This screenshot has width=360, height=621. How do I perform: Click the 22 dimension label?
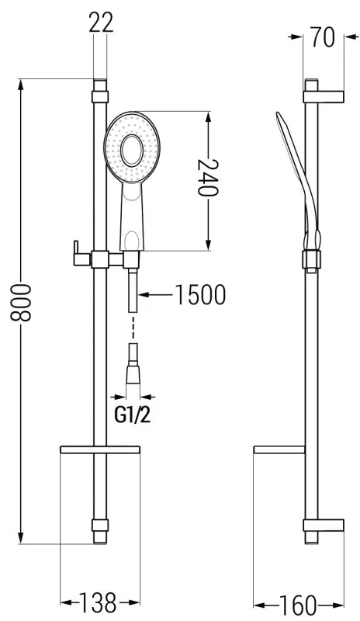(101, 23)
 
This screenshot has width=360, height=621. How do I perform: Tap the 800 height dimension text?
(21, 303)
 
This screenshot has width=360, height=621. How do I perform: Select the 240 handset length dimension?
(208, 178)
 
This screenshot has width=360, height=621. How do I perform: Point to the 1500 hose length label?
(200, 295)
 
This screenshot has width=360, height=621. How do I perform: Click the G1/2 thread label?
(133, 415)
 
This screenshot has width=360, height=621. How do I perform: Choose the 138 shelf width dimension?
(98, 603)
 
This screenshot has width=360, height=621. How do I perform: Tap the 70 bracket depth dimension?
(323, 37)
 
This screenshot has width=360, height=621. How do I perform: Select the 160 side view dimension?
(298, 605)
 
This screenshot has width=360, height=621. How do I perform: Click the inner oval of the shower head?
(132, 151)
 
